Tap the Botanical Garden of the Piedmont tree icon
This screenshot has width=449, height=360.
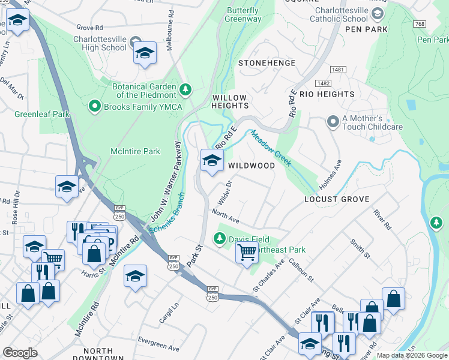coord(185,90)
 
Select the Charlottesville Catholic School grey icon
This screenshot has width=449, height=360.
coord(378,13)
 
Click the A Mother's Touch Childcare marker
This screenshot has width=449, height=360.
coord(333,122)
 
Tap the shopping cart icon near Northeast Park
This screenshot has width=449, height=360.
coord(246,253)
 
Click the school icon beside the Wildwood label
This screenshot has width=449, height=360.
coord(211,161)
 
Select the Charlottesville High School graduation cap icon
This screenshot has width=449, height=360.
coord(145,53)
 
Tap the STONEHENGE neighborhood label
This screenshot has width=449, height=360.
coord(267,63)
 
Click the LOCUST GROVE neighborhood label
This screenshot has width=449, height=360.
coord(336,199)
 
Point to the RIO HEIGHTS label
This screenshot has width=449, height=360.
coord(327,94)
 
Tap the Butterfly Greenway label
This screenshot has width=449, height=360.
coord(244,14)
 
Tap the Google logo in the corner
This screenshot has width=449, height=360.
coord(20,353)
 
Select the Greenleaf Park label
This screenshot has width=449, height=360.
coord(39,113)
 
